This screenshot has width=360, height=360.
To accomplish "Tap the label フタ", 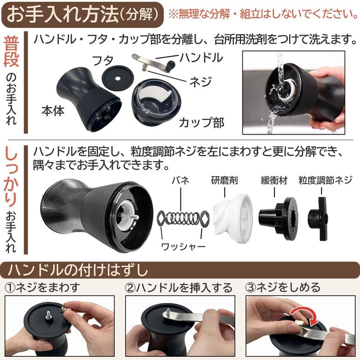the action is point(103,61).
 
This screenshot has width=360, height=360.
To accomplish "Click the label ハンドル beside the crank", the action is point(201,58).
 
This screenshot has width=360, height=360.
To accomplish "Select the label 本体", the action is point(53,111).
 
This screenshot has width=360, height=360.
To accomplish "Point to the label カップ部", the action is point(202,122).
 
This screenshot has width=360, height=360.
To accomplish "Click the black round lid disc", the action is point(117,78).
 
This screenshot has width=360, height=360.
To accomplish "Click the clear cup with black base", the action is point(156,102).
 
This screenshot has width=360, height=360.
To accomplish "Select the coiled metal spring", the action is point(183,218).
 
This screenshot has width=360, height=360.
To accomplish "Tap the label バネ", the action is point(181,180).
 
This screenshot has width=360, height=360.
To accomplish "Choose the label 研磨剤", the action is point(224,180).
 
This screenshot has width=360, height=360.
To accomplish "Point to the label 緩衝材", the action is point(274,180).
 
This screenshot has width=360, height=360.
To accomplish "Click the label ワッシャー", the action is point(183,247).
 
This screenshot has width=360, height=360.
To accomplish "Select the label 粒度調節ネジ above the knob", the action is point(325,180).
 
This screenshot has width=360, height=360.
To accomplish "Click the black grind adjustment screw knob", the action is point(318,219).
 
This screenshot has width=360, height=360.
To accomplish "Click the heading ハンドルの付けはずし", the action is point(78,270).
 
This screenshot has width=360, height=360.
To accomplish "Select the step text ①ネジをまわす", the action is point(42,288).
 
